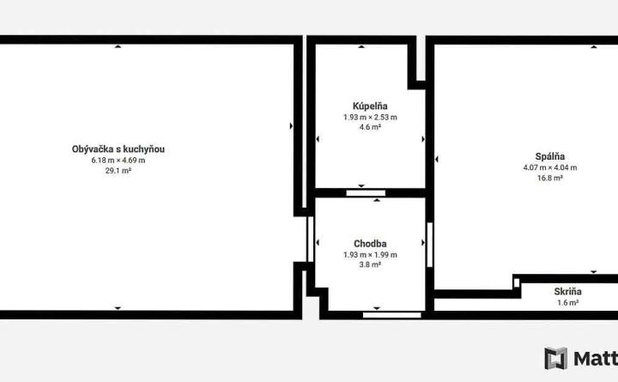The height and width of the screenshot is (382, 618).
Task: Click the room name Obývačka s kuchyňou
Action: pyautogui.click(x=118, y=149)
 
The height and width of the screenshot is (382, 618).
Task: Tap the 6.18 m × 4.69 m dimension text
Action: pyautogui.click(x=118, y=161)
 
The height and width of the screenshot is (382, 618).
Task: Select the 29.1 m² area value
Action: pyautogui.click(x=118, y=171)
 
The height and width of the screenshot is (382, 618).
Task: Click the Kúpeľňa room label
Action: pyautogui.click(x=370, y=106)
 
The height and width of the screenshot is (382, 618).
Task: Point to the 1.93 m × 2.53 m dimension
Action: pyautogui.click(x=370, y=117)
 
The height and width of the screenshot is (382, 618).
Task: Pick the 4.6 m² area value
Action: pyautogui.click(x=370, y=127)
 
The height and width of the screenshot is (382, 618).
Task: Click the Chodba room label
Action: pyautogui.click(x=370, y=244)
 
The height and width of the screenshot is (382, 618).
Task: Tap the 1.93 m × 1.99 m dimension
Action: pyautogui.click(x=370, y=255)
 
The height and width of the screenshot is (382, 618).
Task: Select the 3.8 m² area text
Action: pyautogui.click(x=370, y=264)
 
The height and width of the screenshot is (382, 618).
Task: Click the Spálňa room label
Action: pyautogui.click(x=550, y=156)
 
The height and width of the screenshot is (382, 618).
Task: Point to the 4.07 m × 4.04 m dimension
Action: pyautogui.click(x=550, y=167)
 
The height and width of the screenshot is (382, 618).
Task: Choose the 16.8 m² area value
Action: pyautogui.click(x=550, y=178)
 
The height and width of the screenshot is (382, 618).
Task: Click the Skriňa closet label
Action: pyautogui.click(x=567, y=292)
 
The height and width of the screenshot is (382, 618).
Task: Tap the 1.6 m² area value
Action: pyautogui.click(x=567, y=303)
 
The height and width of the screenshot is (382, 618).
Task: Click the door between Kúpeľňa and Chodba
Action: pyautogui.click(x=366, y=193)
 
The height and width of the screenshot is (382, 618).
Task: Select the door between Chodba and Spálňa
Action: pyautogui.click(x=430, y=245)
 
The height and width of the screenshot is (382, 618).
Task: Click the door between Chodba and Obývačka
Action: pyautogui.click(x=310, y=240)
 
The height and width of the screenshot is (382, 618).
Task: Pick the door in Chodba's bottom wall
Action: pyautogui.click(x=392, y=315)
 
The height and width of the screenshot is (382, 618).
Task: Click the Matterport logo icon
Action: pyautogui.click(x=555, y=358)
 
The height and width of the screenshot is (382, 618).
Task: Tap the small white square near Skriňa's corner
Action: pyautogui.click(x=517, y=282)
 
